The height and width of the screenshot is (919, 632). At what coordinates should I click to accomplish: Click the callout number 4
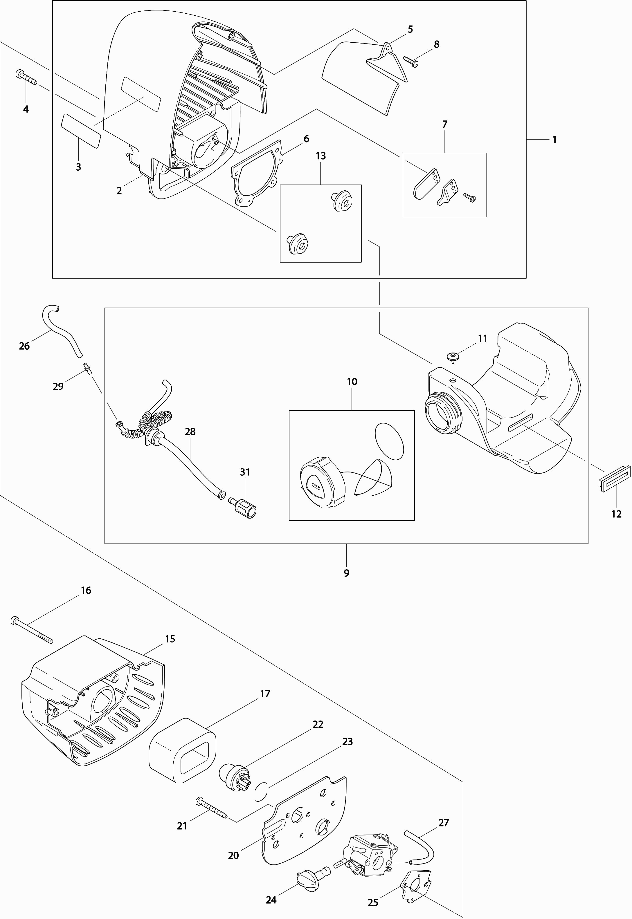pos(26,109)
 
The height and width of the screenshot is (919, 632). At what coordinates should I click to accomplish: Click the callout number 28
pos(190,432)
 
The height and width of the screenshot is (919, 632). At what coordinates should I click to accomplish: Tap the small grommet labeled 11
pos(452,356)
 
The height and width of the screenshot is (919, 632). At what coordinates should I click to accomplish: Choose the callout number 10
pos(352,382)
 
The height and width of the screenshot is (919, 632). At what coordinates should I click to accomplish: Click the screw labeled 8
pos(411,61)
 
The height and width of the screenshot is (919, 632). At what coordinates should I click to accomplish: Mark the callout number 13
pos(321,156)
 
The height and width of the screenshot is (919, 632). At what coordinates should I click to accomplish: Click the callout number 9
pos(347,573)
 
